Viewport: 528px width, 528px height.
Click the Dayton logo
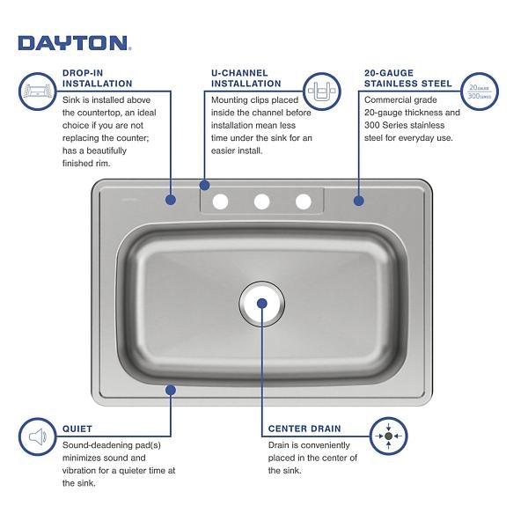pos(75,43)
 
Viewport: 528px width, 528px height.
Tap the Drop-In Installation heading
pos(98,78)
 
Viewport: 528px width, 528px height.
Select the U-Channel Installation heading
pos(246,78)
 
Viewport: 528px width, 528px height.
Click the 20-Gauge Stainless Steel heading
pos(407,78)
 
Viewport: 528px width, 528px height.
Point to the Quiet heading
pos(77,429)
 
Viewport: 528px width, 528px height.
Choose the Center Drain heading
pos(304,429)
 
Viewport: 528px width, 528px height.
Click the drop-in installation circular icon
pos(37,92)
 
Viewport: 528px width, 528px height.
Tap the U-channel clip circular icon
pos(322,92)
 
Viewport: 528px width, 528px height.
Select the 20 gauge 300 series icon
pos(480,92)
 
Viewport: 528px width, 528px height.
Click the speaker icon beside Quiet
pos(37,436)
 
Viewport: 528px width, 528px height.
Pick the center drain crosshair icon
pos(389,436)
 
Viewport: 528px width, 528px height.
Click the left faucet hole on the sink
pos(220,202)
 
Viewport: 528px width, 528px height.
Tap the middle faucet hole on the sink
pos(262,202)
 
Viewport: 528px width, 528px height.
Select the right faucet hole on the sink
pos(304,202)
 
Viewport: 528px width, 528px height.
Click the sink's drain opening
pos(262,304)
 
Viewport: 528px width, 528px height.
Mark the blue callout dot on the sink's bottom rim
pos(171,390)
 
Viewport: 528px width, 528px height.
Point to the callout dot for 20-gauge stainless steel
pos(359,201)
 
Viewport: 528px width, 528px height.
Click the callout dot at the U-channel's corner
pos(204,185)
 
